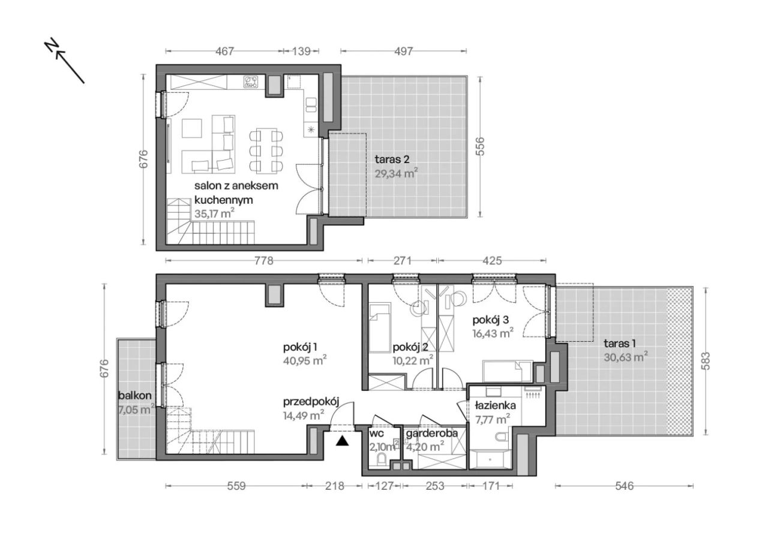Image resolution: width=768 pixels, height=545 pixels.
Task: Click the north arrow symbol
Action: coord(65,61)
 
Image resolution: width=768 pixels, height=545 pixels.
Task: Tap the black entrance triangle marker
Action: coord(342,441)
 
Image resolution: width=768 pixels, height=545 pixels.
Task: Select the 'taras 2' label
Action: coord(392,159)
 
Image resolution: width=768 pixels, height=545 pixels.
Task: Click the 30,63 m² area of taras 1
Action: coord(626,357)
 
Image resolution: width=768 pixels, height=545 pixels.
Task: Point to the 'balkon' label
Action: coord(135,396)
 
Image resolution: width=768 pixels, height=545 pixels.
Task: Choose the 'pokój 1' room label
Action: coord(300,348)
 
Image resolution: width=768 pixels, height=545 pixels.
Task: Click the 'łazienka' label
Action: coord(496,406)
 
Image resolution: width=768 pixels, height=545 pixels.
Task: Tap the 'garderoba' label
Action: coord(431,433)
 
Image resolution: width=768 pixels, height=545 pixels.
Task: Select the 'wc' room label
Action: coord(376,433)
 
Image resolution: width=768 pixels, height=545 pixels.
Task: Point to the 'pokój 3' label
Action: coord(490,320)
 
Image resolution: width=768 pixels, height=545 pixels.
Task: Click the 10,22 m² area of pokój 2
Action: coord(412,360)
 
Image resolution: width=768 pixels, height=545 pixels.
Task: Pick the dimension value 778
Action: coord(263,261)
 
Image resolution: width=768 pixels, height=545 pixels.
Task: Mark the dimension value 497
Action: coord(403,52)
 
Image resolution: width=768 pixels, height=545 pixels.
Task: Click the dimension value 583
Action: coord(707,361)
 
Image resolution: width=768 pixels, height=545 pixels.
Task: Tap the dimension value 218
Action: coord(334,486)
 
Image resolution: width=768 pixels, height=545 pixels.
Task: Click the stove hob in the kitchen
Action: coord(251,82)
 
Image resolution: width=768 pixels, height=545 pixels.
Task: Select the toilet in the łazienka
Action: coord(502,438)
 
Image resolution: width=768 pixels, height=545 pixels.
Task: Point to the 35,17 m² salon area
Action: coord(214,214)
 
